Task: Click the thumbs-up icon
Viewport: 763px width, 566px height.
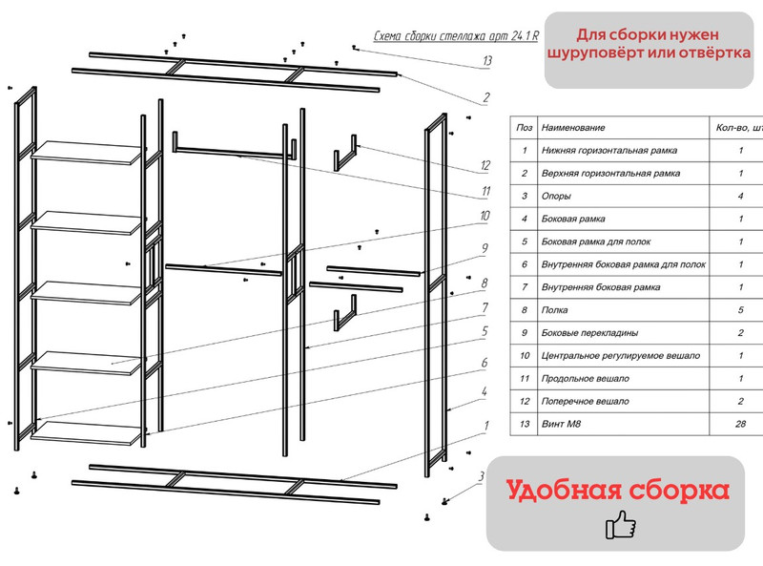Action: (x=621, y=525)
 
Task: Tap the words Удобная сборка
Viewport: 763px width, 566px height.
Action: (x=617, y=491)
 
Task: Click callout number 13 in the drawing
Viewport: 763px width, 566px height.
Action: (x=487, y=61)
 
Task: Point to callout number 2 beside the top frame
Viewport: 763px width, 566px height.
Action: (x=486, y=97)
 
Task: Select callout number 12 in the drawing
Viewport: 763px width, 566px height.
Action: (x=485, y=165)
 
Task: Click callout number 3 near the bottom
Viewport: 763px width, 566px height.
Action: (x=482, y=476)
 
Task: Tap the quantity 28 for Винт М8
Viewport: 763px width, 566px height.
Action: (x=740, y=425)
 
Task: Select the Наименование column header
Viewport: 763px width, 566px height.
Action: (x=573, y=128)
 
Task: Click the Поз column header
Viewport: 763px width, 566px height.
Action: (x=524, y=128)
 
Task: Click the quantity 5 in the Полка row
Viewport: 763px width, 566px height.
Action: (x=740, y=310)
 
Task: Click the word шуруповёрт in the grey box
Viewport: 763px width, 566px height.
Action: (x=592, y=53)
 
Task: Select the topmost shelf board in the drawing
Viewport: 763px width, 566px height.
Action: (x=87, y=152)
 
